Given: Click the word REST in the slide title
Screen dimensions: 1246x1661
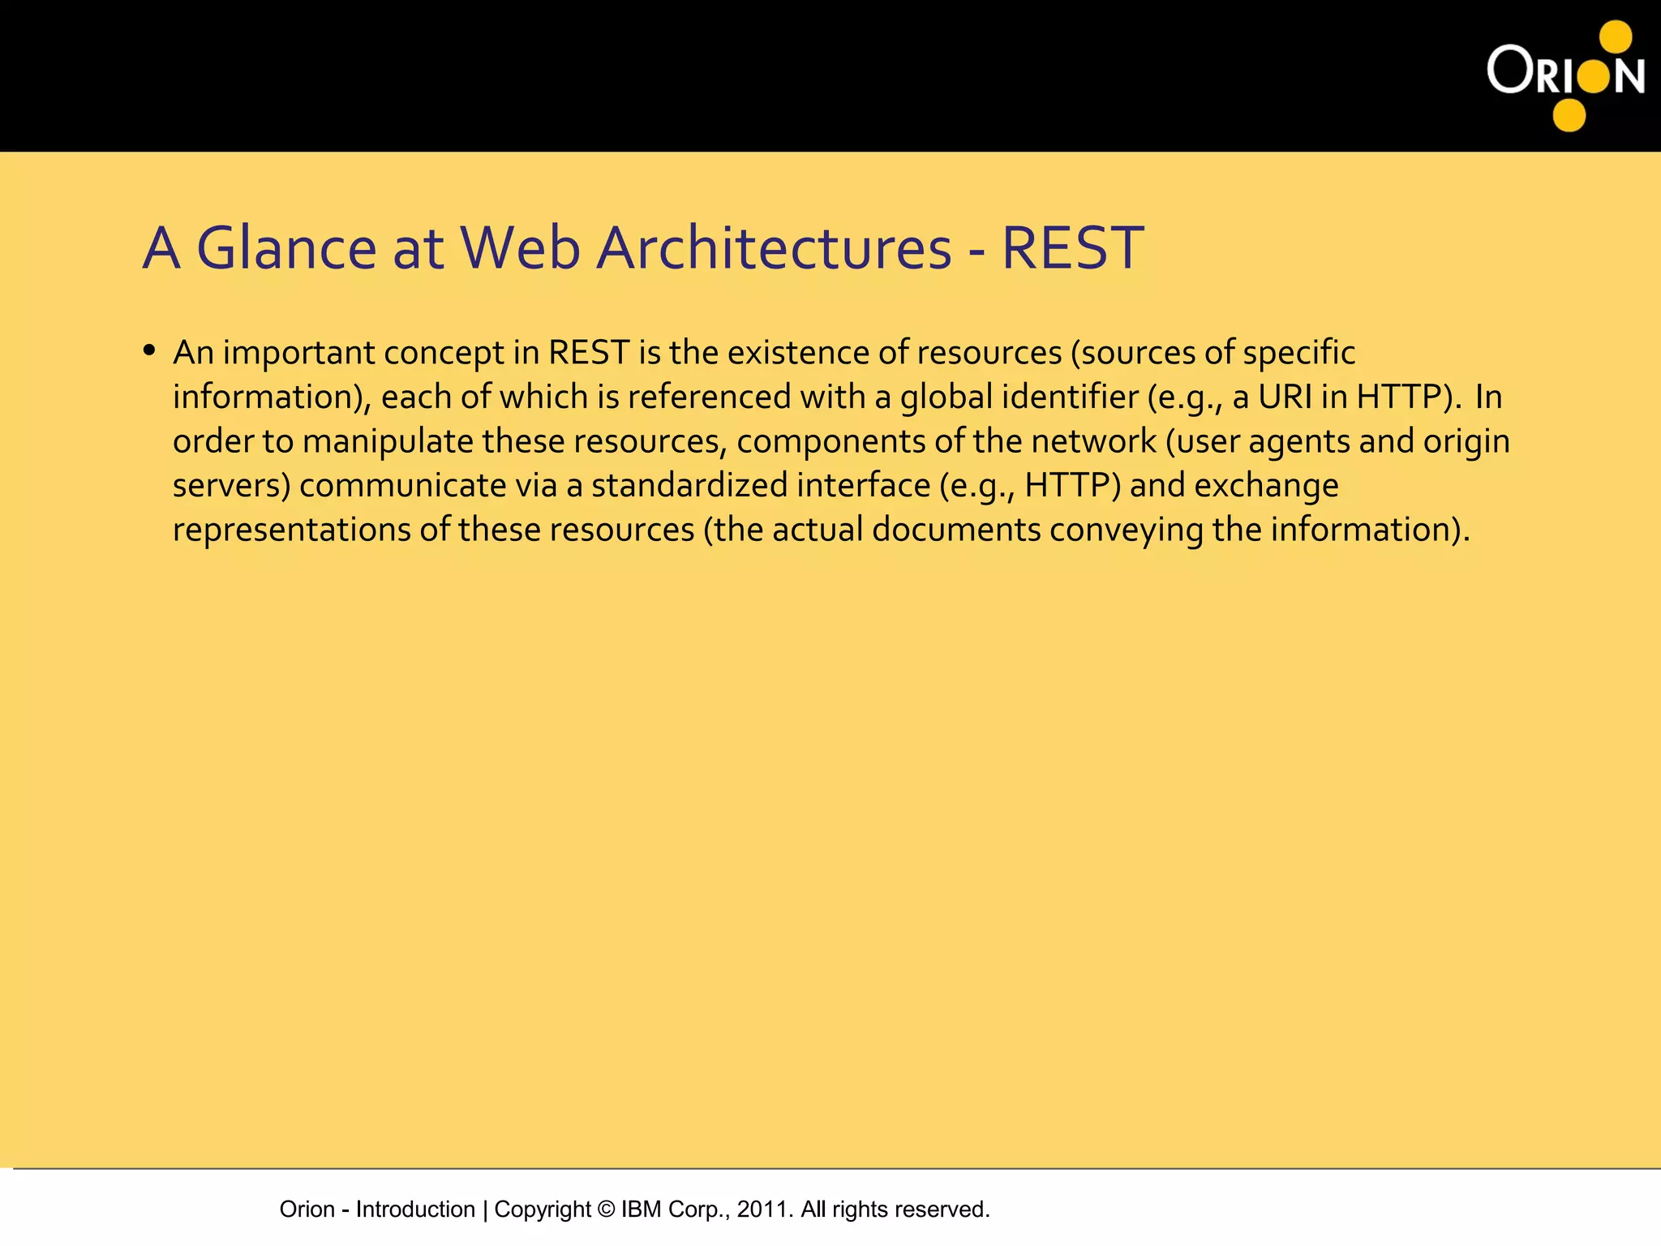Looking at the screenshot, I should (x=1072, y=247).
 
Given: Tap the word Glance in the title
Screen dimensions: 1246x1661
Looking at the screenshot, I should (x=286, y=247).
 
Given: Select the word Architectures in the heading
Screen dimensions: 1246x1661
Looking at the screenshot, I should (x=774, y=247).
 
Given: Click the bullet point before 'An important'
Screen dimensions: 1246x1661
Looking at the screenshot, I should (x=149, y=351).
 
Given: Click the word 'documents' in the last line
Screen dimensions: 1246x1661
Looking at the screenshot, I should (x=956, y=531).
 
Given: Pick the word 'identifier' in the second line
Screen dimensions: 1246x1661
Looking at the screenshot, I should (x=1070, y=397).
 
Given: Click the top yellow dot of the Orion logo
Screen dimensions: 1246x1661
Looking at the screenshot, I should (x=1615, y=37).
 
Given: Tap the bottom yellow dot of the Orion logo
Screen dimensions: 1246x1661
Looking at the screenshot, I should (x=1569, y=115).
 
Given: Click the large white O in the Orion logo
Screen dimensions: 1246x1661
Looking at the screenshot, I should (x=1508, y=70).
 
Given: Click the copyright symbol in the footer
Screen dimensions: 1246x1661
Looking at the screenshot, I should (x=606, y=1209).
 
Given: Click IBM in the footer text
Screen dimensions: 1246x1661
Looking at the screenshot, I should (x=641, y=1209).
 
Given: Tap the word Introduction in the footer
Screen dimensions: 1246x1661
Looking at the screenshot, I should (x=415, y=1209).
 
